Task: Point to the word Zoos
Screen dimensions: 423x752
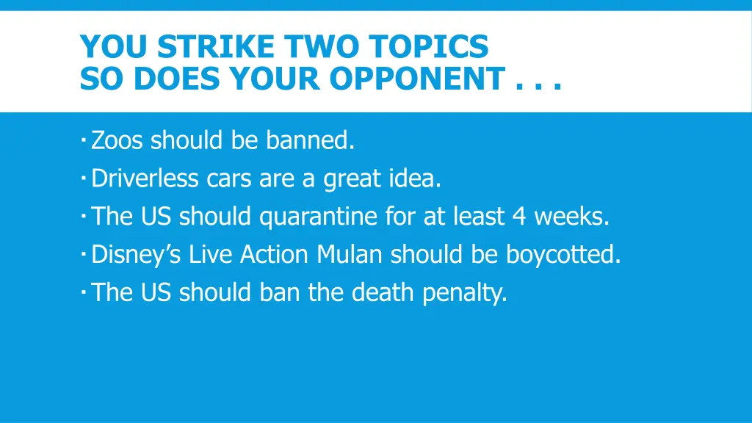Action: pos(118,140)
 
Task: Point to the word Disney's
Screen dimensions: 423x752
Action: pos(137,255)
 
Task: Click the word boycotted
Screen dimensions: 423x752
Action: pos(563,255)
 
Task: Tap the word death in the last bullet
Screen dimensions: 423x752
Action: pos(378,293)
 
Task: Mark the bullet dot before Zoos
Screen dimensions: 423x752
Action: pos(84,138)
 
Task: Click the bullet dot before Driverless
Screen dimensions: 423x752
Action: pos(84,176)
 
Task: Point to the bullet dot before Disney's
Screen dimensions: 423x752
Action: pos(84,253)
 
